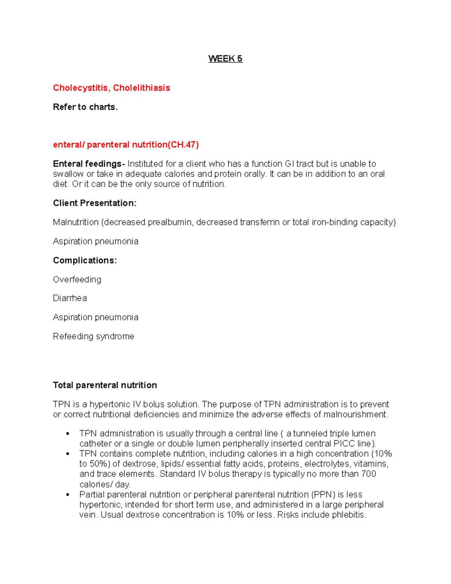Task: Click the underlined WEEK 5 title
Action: tap(225, 59)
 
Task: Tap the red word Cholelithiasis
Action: tap(141, 88)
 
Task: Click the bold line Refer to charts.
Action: tap(85, 107)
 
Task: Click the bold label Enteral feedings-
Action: tap(89, 164)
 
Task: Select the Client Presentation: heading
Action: tap(95, 203)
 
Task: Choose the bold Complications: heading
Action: tap(85, 260)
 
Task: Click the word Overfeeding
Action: tap(77, 279)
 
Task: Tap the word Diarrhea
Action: tap(70, 298)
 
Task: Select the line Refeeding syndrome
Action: tap(94, 336)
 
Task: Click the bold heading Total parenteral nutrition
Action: tap(105, 385)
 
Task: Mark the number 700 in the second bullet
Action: tap(368, 474)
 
